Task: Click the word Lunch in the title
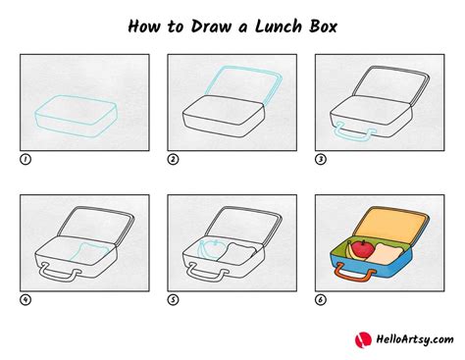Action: pos(279,26)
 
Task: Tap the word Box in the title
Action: pos(323,26)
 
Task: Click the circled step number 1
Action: pos(26,159)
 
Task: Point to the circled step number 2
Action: pos(173,159)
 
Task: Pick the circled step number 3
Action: pos(321,159)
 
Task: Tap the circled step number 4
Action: pos(26,299)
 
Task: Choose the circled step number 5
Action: pos(173,299)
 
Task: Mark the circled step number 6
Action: pos(321,299)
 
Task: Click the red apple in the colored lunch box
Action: pos(363,249)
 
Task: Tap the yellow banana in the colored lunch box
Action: pos(352,253)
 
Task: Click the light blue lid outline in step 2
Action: pos(242,68)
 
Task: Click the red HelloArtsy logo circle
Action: pos(363,339)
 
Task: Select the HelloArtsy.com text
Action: pos(415,339)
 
